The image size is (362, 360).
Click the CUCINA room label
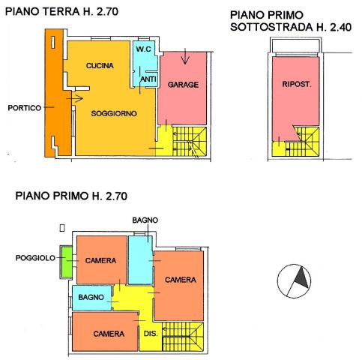tap(100, 65)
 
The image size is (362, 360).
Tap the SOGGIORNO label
tap(114, 113)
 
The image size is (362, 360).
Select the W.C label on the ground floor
tap(144, 49)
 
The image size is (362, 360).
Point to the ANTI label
tap(148, 79)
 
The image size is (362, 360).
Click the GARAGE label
tap(183, 85)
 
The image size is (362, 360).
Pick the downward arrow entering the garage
tap(185, 56)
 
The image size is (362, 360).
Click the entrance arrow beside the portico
tap(75, 98)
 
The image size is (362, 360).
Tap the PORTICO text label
tap(25, 108)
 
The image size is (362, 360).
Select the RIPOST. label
tap(297, 84)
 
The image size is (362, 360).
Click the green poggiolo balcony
tap(67, 262)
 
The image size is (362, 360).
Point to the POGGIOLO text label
tap(35, 258)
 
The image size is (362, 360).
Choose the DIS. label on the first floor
tap(151, 334)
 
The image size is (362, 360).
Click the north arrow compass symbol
tap(294, 281)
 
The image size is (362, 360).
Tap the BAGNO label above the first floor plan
tap(145, 220)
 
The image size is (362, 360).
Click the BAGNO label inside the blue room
tap(91, 297)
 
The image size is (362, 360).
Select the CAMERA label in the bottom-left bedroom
tap(109, 334)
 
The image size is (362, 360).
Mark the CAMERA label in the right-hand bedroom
tap(181, 280)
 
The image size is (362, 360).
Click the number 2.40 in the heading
tap(341, 27)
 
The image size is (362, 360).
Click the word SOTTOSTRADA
tap(271, 27)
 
